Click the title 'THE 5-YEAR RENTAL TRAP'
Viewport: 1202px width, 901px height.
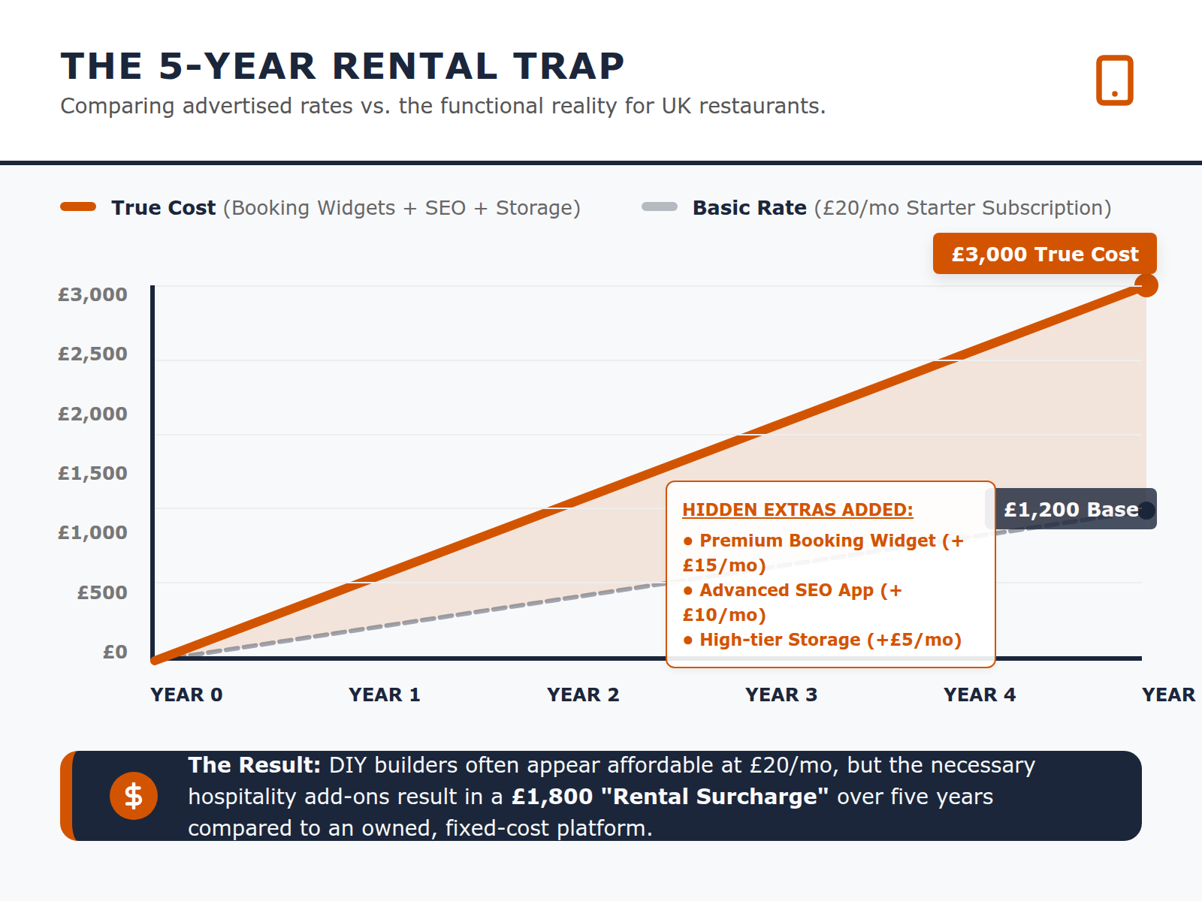tap(343, 66)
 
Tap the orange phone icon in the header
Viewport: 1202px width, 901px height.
tap(1114, 80)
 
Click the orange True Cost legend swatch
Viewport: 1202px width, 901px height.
tap(78, 207)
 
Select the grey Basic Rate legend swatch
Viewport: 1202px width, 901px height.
tap(660, 207)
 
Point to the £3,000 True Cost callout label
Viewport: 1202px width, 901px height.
tap(1044, 254)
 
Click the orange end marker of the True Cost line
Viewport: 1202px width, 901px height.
tap(1146, 285)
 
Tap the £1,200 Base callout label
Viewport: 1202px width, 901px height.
tap(1071, 509)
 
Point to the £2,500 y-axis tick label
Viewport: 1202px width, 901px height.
tap(92, 354)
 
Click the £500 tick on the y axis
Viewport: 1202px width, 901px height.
tap(102, 592)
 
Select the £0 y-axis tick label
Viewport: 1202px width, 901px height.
tap(115, 652)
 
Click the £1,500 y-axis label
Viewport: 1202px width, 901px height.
tap(92, 473)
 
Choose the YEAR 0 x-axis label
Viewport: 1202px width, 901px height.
tap(186, 695)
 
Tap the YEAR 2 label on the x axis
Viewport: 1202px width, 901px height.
tap(583, 695)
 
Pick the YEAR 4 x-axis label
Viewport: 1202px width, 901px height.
tap(980, 695)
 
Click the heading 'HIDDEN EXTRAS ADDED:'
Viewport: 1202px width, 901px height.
tap(797, 510)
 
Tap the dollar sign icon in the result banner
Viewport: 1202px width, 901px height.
tap(134, 796)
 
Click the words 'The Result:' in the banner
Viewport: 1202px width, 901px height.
tap(254, 765)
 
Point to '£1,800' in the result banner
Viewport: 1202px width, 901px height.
tap(552, 797)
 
